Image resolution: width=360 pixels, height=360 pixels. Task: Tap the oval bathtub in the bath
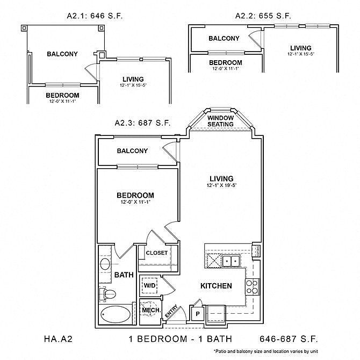pyautogui.click(x=116, y=314)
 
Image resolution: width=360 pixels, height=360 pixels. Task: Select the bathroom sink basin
pyautogui.click(x=105, y=264)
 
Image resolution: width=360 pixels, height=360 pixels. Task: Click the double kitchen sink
pyautogui.click(x=231, y=261)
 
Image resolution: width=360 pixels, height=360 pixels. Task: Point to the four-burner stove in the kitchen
pyautogui.click(x=252, y=287)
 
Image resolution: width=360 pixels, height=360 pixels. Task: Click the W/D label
pyautogui.click(x=150, y=286)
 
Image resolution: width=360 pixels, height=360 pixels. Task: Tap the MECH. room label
pyautogui.click(x=152, y=310)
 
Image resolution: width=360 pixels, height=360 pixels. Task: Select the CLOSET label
pyautogui.click(x=157, y=253)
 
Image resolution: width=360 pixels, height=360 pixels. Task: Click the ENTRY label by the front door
pyautogui.click(x=171, y=311)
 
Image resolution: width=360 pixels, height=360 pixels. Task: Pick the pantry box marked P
pyautogui.click(x=198, y=314)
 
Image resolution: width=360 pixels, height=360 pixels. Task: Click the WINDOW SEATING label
pyautogui.click(x=220, y=121)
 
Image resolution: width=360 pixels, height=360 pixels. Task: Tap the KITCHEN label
pyautogui.click(x=216, y=286)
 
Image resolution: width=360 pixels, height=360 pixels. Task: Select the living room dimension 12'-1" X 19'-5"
pyautogui.click(x=221, y=185)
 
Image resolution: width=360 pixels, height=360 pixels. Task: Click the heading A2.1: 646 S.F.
pyautogui.click(x=95, y=16)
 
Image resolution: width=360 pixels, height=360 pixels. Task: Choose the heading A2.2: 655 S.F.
pyautogui.click(x=263, y=16)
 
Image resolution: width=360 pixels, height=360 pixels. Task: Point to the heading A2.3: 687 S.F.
pyautogui.click(x=142, y=123)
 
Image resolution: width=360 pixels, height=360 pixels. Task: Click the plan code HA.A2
pyautogui.click(x=59, y=339)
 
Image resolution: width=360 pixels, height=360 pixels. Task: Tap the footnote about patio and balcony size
pyautogui.click(x=266, y=351)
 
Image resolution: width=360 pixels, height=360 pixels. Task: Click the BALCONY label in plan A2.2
pyautogui.click(x=224, y=38)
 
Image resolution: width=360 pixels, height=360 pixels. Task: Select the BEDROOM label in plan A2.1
pyautogui.click(x=62, y=95)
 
